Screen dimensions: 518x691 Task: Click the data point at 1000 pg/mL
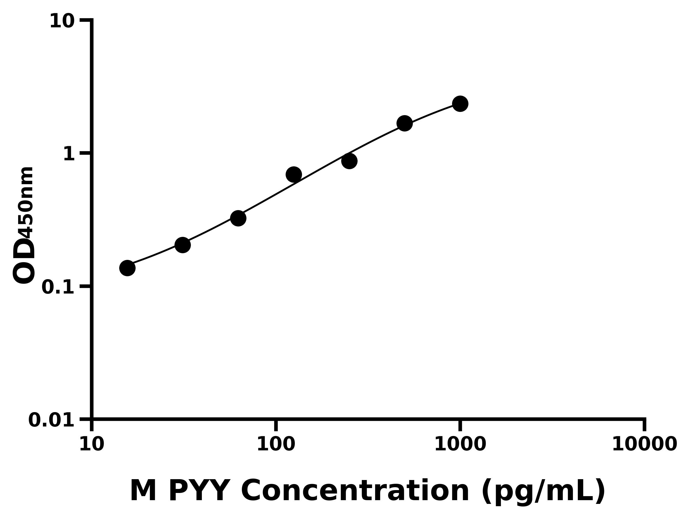tap(460, 104)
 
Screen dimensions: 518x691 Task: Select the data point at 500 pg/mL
tap(405, 123)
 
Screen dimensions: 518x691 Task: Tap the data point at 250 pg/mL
tap(349, 161)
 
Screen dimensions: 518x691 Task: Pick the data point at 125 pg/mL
tap(294, 175)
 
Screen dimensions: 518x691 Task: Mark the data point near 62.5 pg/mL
tap(238, 218)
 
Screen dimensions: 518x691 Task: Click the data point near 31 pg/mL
tap(183, 245)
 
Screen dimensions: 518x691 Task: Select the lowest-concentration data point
tap(127, 268)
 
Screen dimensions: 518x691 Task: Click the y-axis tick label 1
tap(69, 154)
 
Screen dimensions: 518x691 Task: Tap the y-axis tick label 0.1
tap(58, 287)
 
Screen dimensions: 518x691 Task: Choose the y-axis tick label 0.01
tap(52, 420)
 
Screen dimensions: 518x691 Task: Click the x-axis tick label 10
tap(92, 444)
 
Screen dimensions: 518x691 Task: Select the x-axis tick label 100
tap(276, 444)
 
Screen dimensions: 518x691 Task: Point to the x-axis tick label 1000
tap(460, 444)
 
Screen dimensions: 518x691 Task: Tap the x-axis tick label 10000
tap(644, 444)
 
